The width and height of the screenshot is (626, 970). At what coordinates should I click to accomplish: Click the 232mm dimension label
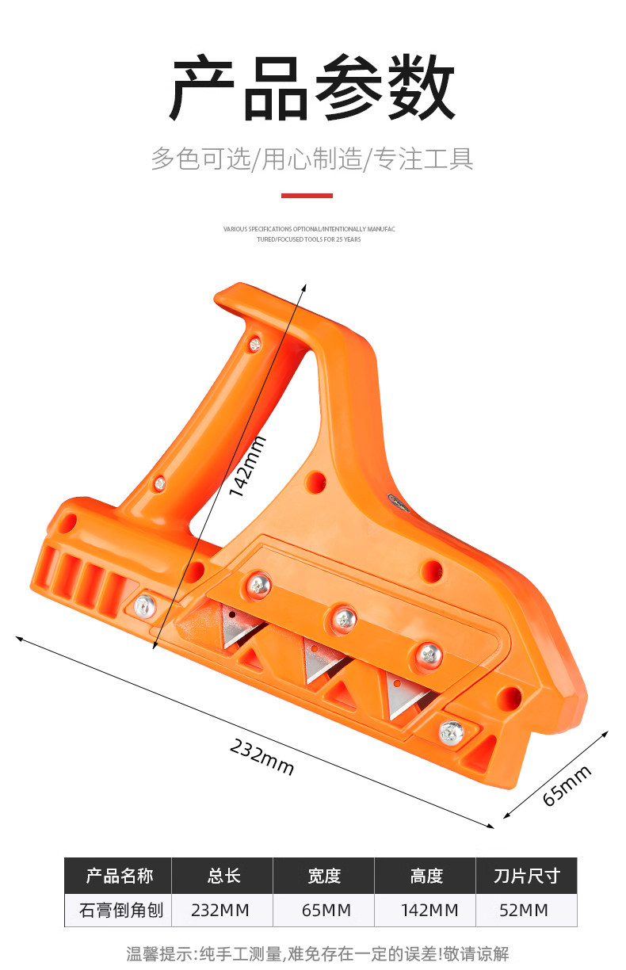(x=262, y=756)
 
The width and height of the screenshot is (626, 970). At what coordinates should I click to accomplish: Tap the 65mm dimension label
(x=567, y=785)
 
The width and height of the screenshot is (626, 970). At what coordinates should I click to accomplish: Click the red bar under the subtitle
(x=307, y=195)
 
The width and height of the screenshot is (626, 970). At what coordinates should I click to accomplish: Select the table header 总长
(x=223, y=876)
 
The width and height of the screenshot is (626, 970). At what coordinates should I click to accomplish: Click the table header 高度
(x=426, y=876)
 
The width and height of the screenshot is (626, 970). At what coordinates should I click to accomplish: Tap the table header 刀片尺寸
(x=526, y=876)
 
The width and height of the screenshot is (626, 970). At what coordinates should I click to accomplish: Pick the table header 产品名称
(x=119, y=876)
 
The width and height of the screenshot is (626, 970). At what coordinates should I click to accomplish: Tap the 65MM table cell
(x=326, y=911)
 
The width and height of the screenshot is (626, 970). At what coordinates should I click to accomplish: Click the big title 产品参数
(x=313, y=88)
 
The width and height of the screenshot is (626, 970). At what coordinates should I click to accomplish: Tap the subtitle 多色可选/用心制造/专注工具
(x=313, y=158)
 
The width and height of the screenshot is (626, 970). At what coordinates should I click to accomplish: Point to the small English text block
(x=309, y=234)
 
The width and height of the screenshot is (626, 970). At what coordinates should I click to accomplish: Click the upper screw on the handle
(x=254, y=344)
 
